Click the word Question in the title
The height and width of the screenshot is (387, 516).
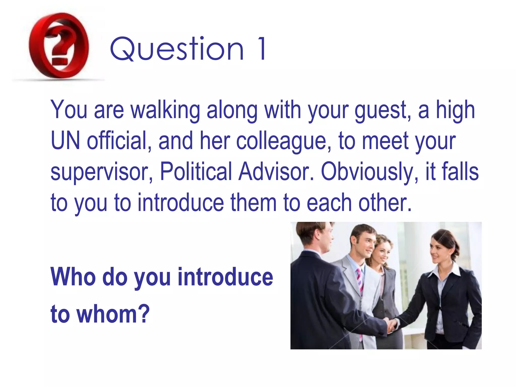177,49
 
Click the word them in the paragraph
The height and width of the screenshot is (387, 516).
253,203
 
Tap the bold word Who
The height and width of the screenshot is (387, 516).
73,277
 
